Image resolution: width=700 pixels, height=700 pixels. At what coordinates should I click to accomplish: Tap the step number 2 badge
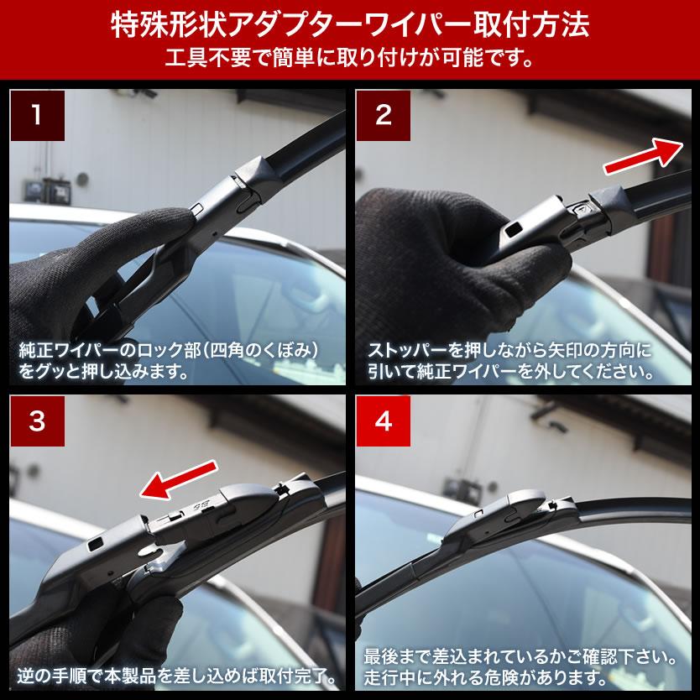[x=383, y=115]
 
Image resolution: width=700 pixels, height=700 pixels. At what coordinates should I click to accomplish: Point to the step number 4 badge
[x=383, y=422]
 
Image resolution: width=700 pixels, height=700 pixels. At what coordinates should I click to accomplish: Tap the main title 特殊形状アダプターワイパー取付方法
[x=349, y=25]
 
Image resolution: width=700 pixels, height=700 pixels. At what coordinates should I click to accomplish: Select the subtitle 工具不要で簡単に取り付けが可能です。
[x=349, y=60]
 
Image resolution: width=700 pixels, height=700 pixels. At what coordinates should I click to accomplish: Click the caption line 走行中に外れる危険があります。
[x=485, y=676]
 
